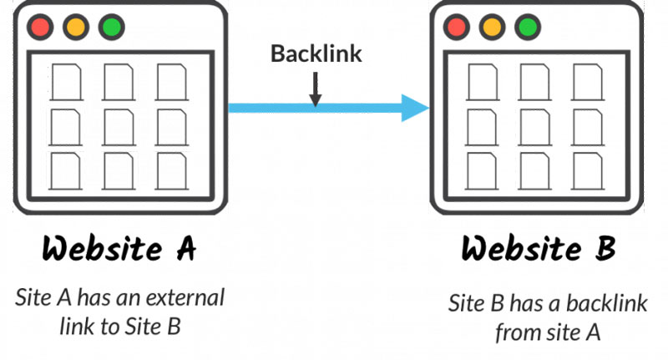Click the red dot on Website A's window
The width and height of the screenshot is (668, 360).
click(x=38, y=26)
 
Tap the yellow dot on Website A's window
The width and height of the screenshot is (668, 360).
click(x=74, y=26)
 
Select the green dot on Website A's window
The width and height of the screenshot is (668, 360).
click(x=110, y=26)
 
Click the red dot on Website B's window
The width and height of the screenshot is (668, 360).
click(x=456, y=26)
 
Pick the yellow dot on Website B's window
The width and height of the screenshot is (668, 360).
click(x=492, y=26)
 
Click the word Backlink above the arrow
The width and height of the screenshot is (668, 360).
click(x=316, y=53)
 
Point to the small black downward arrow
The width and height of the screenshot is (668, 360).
click(x=316, y=91)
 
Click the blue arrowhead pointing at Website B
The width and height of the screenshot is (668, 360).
click(x=414, y=108)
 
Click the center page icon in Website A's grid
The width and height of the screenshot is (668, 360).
click(x=117, y=126)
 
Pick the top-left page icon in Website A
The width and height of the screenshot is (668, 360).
click(x=64, y=81)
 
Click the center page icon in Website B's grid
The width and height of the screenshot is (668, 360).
click(x=534, y=126)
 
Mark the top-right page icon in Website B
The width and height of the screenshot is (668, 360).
click(x=587, y=81)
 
